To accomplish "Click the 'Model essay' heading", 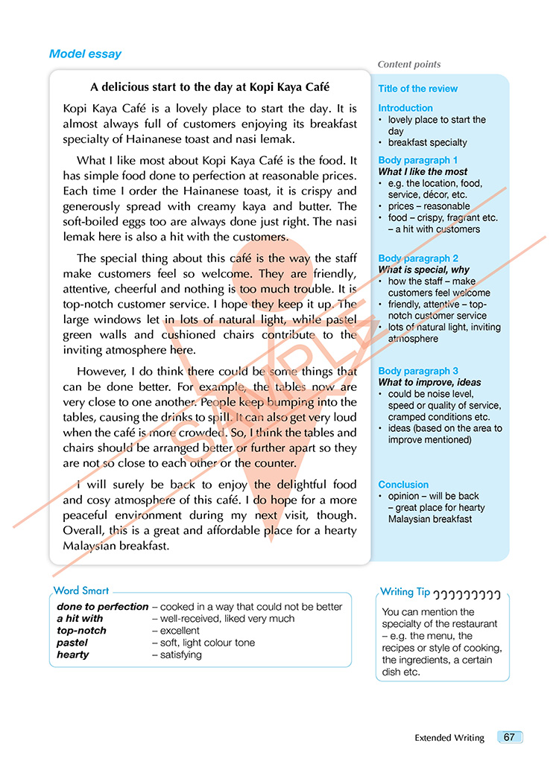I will (x=85, y=54).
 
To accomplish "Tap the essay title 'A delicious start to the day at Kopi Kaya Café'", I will (x=209, y=87).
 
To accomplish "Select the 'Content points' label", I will (x=409, y=65).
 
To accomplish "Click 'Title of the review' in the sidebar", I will (x=417, y=89).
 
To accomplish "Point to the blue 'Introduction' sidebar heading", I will (x=405, y=108).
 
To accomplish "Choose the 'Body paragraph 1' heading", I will (x=417, y=160).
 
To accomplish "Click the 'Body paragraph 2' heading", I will (x=417, y=258).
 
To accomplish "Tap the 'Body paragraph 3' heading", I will (x=417, y=371).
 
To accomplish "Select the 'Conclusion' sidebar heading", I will (x=403, y=485).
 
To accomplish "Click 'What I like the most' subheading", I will (x=423, y=172).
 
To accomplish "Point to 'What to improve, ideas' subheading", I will (x=429, y=383).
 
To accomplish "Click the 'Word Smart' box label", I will (x=81, y=590).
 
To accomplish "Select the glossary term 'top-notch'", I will (x=81, y=631).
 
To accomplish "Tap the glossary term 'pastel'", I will (x=72, y=643).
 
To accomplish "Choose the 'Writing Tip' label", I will (x=405, y=592).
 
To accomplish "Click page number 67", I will (x=509, y=737).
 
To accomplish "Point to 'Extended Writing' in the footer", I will (x=449, y=738).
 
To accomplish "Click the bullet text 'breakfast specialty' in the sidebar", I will (x=427, y=142).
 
